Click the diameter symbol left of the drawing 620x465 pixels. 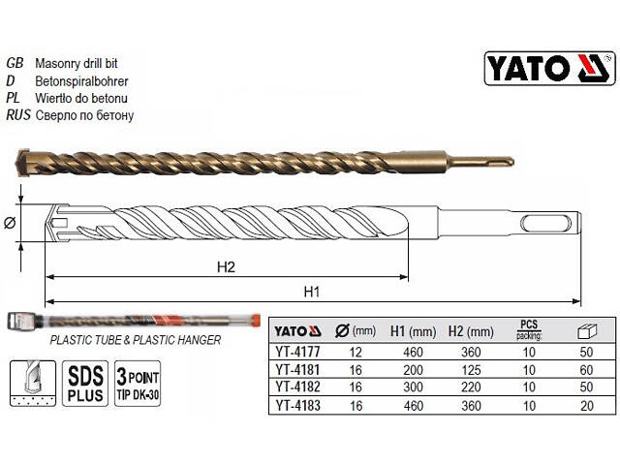(x=11, y=224)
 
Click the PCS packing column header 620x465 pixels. (x=529, y=329)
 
